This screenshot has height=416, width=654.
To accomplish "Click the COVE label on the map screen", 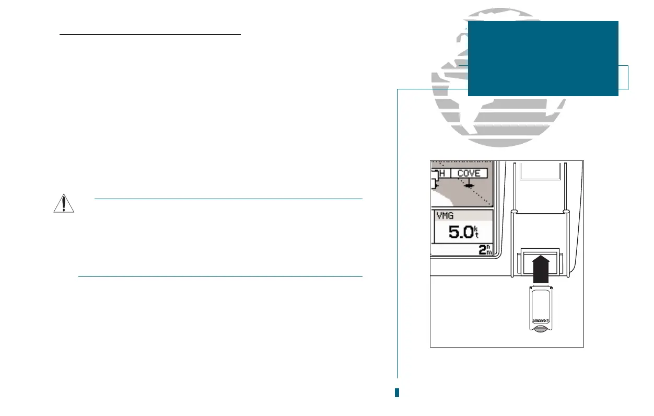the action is coord(469,173).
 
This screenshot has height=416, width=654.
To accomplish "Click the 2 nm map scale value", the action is coord(485,250).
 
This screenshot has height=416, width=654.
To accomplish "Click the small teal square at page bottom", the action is coord(397,392).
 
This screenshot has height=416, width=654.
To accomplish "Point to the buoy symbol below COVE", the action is coord(469,186).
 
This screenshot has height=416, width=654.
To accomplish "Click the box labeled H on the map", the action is coord(441,173).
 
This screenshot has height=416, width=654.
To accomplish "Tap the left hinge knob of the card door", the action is coord(514,212).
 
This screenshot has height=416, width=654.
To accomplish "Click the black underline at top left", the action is coord(150,36).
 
